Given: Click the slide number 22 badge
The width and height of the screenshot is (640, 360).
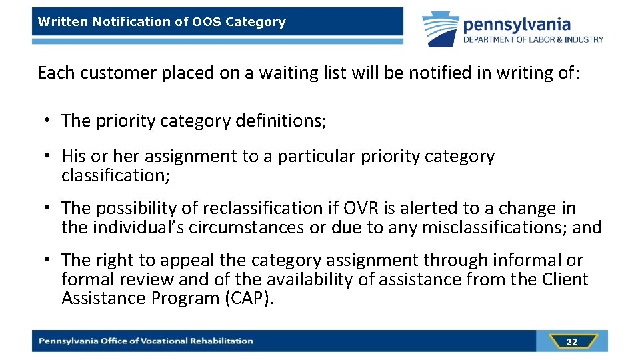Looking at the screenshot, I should (x=571, y=342).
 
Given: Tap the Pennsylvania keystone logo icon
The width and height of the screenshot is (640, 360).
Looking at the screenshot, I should (x=439, y=29).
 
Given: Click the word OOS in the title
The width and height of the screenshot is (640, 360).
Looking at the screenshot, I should (x=207, y=22).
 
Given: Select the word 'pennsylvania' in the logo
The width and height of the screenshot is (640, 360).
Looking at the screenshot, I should (x=517, y=25).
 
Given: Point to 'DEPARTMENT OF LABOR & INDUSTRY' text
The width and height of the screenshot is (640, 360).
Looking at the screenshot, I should (x=533, y=39).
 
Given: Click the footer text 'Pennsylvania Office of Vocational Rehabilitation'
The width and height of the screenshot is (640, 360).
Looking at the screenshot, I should (x=146, y=341).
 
